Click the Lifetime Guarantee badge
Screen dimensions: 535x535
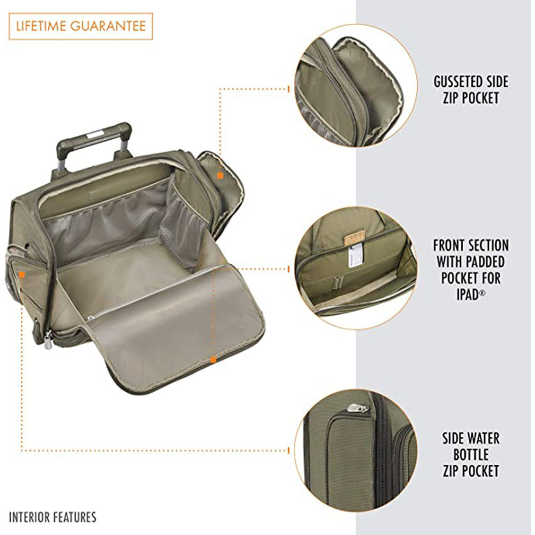tap(81, 26)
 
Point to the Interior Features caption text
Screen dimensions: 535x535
tap(53, 517)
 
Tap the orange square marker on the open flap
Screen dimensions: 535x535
tap(213, 359)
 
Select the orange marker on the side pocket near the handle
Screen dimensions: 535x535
tap(220, 176)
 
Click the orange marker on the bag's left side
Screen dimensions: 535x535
tap(22, 274)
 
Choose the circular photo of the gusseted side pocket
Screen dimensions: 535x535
tap(356, 86)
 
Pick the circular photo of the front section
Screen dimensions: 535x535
tap(356, 267)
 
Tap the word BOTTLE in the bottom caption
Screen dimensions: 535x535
tap(470, 454)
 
